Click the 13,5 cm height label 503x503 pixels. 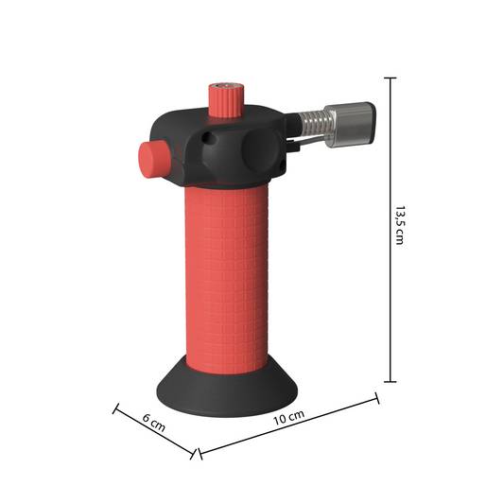(399, 226)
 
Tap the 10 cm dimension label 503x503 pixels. (288, 418)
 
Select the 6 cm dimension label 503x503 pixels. (154, 423)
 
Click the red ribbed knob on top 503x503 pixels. (226, 100)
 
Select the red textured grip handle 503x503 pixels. (226, 279)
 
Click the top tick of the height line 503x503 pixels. (390, 78)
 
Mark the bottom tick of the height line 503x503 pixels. (390, 382)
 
